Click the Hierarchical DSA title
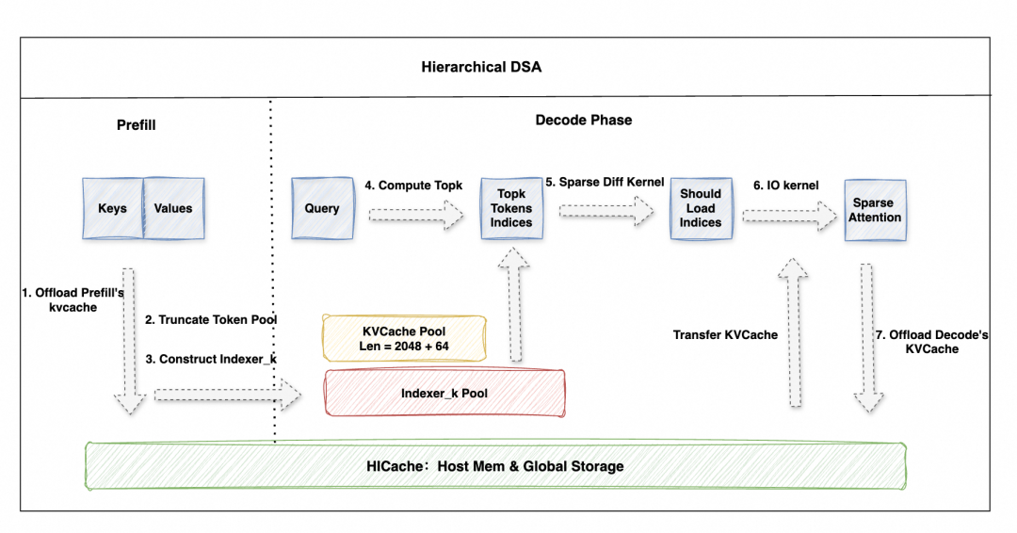pyautogui.click(x=480, y=67)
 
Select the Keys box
pyautogui.click(x=112, y=209)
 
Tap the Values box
pyautogui.click(x=172, y=209)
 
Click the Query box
pyautogui.click(x=322, y=208)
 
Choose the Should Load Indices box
pyautogui.click(x=701, y=208)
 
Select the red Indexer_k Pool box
pyautogui.click(x=444, y=393)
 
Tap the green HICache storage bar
pyautogui.click(x=494, y=465)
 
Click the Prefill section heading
pyautogui.click(x=136, y=124)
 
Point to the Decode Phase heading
pyautogui.click(x=584, y=120)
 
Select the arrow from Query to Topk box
pyautogui.click(x=414, y=218)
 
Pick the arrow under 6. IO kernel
pyautogui.click(x=788, y=218)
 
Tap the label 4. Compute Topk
pyautogui.click(x=414, y=186)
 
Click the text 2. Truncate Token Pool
pyautogui.click(x=211, y=319)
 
